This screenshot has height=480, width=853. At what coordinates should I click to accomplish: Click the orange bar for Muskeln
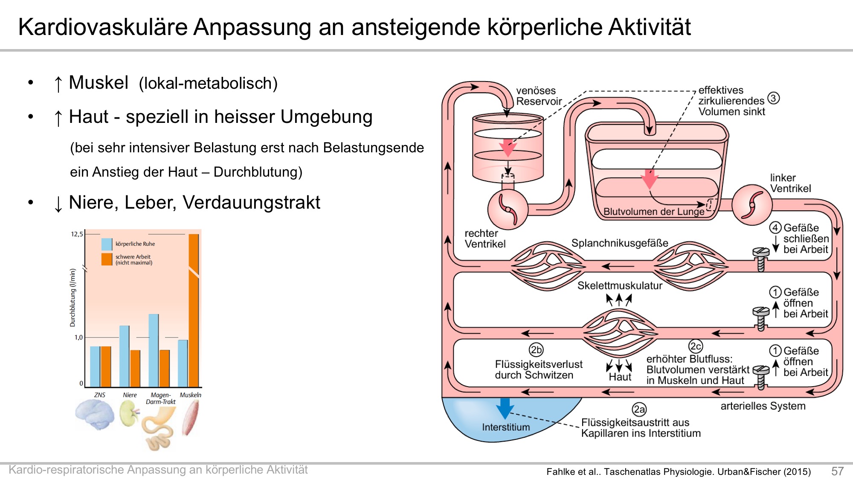click(x=194, y=310)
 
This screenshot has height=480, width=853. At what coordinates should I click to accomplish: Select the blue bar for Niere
click(x=124, y=356)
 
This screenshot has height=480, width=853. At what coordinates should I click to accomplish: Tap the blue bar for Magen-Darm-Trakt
click(x=154, y=350)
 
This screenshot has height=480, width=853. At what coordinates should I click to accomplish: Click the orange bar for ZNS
click(x=106, y=367)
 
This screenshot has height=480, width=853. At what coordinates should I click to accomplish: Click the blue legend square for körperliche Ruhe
click(x=107, y=244)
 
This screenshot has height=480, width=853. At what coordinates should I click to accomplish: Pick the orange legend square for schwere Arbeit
click(x=107, y=259)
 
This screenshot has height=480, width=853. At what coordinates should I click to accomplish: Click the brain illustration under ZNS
click(x=95, y=414)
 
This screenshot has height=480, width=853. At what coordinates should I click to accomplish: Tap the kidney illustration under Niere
click(x=129, y=413)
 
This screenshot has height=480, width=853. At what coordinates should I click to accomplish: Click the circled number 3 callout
click(x=774, y=98)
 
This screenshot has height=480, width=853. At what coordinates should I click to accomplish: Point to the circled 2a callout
click(x=639, y=410)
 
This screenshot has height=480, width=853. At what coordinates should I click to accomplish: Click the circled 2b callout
click(x=536, y=350)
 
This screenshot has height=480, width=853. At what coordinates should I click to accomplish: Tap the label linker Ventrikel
click(x=791, y=183)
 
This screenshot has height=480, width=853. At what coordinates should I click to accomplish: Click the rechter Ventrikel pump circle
click(x=508, y=209)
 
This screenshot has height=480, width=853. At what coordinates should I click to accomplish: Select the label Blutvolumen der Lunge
click(x=654, y=212)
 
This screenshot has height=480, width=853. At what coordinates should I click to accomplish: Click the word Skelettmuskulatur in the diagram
click(x=620, y=285)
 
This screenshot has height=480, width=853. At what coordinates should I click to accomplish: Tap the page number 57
click(x=837, y=471)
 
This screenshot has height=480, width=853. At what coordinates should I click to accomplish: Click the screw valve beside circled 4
click(x=761, y=259)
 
